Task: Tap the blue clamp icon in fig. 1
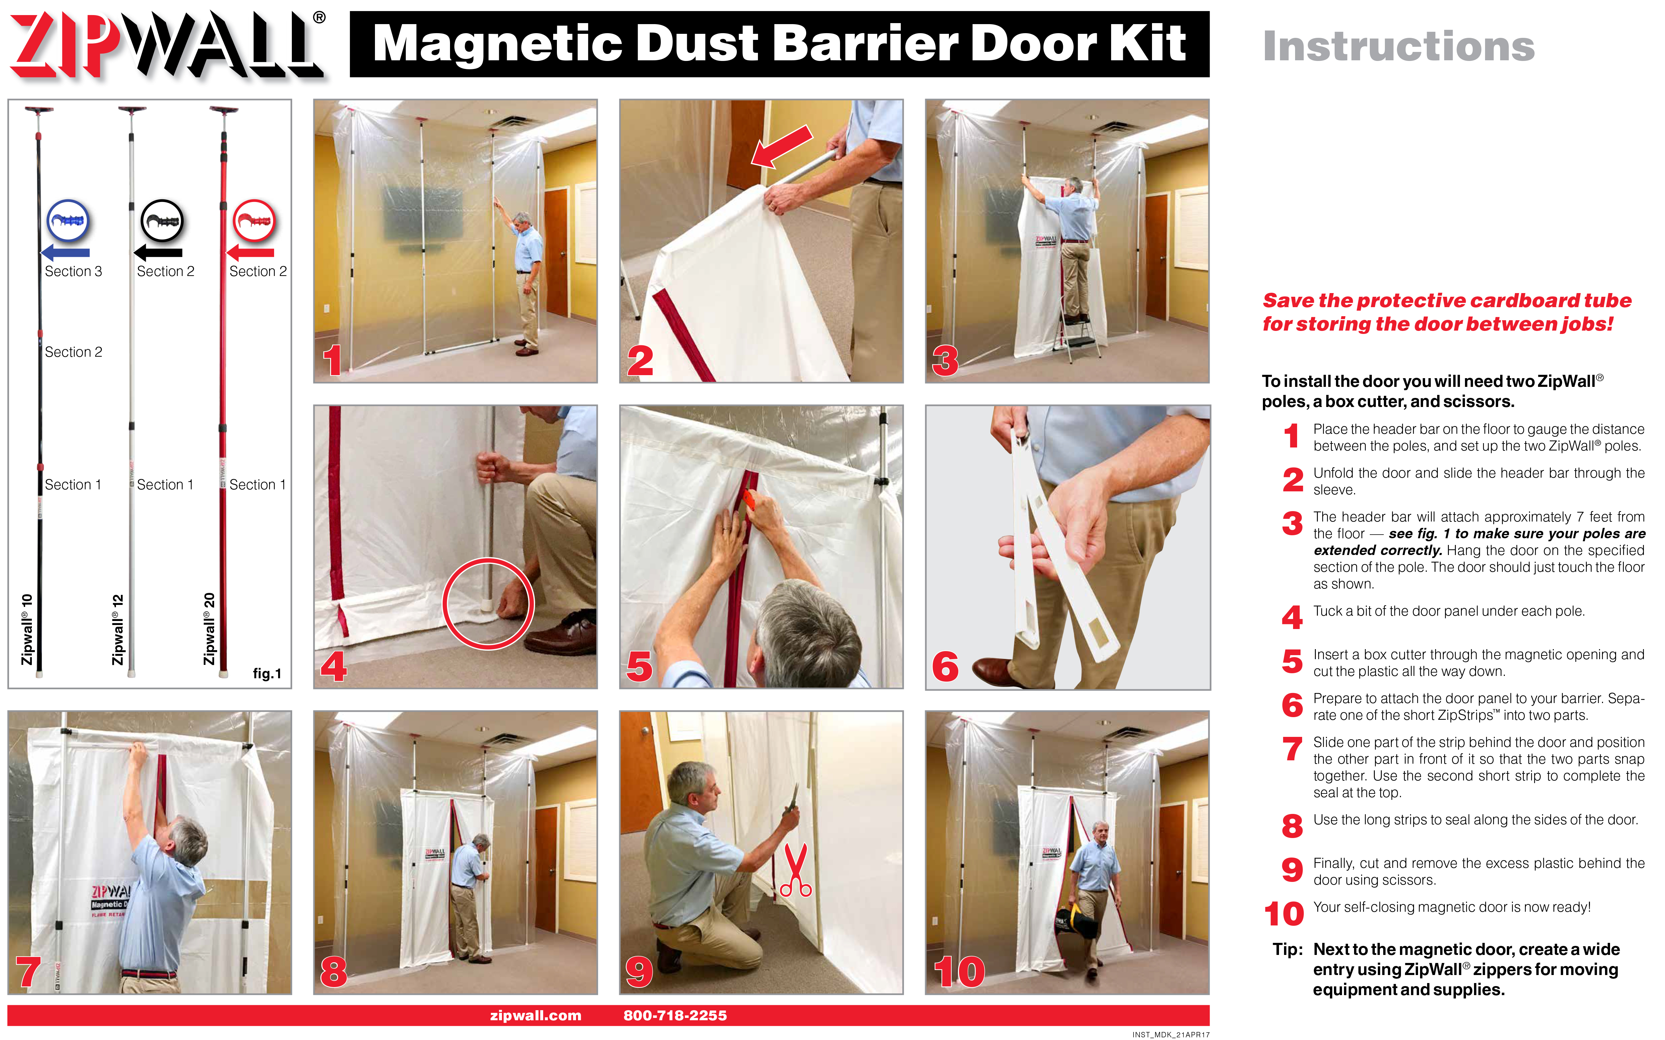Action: click(67, 220)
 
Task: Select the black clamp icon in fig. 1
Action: click(162, 220)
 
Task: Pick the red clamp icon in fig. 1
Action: click(254, 220)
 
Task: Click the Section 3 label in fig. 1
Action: click(73, 271)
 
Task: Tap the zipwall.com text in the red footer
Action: click(535, 1015)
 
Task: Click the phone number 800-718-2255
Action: click(675, 1015)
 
